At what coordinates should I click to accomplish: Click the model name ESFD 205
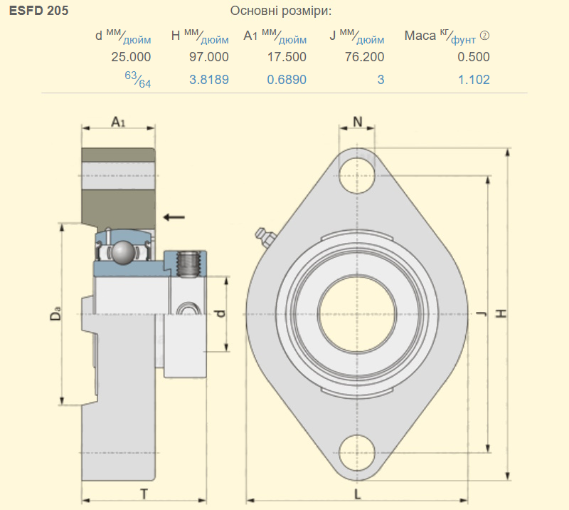pyautogui.click(x=38, y=11)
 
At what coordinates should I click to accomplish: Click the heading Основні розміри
pyautogui.click(x=280, y=11)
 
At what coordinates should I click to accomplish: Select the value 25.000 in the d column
pyautogui.click(x=131, y=57)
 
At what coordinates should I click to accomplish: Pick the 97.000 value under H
pyautogui.click(x=208, y=57)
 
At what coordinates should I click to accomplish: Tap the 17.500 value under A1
pyautogui.click(x=287, y=57)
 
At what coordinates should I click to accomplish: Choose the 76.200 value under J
pyautogui.click(x=364, y=57)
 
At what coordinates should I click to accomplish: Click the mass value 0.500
pyautogui.click(x=474, y=57)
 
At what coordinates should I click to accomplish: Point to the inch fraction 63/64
pyautogui.click(x=138, y=80)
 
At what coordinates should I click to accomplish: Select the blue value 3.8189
pyautogui.click(x=209, y=80)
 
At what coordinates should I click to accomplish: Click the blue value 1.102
pyautogui.click(x=474, y=80)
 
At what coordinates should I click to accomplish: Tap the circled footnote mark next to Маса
pyautogui.click(x=484, y=36)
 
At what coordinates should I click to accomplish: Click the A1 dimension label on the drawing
pyautogui.click(x=118, y=122)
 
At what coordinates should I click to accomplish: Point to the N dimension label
pyautogui.click(x=358, y=122)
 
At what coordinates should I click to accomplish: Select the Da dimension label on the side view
pyautogui.click(x=55, y=313)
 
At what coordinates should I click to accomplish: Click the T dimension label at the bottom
pyautogui.click(x=144, y=494)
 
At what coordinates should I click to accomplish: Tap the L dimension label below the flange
pyautogui.click(x=358, y=494)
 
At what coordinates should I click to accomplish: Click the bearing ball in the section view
pyautogui.click(x=123, y=252)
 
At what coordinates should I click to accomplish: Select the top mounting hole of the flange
pyautogui.click(x=357, y=175)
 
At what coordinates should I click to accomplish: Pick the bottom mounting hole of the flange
pyautogui.click(x=357, y=453)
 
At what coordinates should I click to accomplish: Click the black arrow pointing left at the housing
pyautogui.click(x=174, y=217)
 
